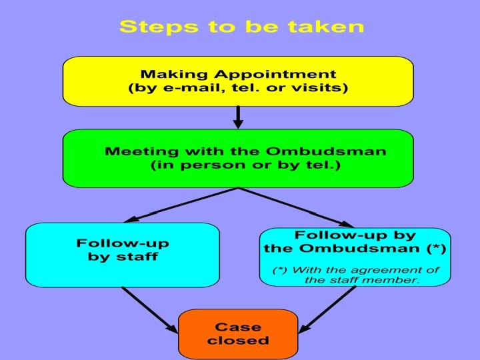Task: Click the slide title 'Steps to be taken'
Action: click(x=241, y=27)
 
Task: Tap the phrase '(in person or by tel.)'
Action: click(x=246, y=165)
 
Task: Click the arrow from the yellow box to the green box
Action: click(x=238, y=117)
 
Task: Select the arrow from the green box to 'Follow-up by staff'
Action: click(x=181, y=204)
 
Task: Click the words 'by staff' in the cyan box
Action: click(x=123, y=257)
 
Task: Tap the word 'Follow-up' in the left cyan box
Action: click(x=123, y=243)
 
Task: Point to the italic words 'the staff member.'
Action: click(x=362, y=281)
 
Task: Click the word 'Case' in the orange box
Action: click(x=238, y=327)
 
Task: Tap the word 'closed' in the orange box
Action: click(x=238, y=341)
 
